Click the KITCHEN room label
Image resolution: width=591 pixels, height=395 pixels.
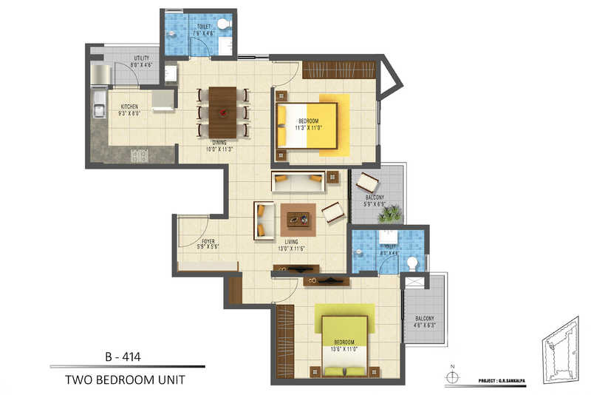(129, 107)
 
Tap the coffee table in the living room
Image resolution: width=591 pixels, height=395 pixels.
(298, 217)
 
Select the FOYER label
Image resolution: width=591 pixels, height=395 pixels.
(208, 241)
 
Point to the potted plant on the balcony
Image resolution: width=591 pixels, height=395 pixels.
(389, 213)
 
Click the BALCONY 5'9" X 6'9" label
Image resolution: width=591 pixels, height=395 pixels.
(375, 198)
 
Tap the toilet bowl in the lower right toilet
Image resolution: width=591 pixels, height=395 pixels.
(411, 262)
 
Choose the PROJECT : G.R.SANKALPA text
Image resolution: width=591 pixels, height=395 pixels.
(495, 382)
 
